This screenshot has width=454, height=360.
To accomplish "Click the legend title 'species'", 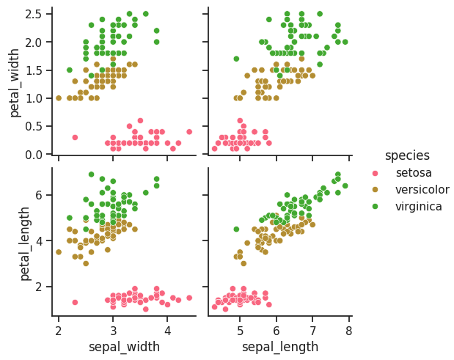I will [407, 155].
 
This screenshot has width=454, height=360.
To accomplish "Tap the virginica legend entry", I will [418, 207].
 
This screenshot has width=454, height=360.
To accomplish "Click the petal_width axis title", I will [15, 81].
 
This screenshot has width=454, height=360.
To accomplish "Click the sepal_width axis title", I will [124, 346].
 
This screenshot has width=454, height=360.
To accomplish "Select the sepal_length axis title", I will [280, 346].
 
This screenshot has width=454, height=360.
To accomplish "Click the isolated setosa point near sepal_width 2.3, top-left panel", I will [75, 137].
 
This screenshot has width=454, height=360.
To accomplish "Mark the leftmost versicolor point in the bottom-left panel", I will [59, 252].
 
